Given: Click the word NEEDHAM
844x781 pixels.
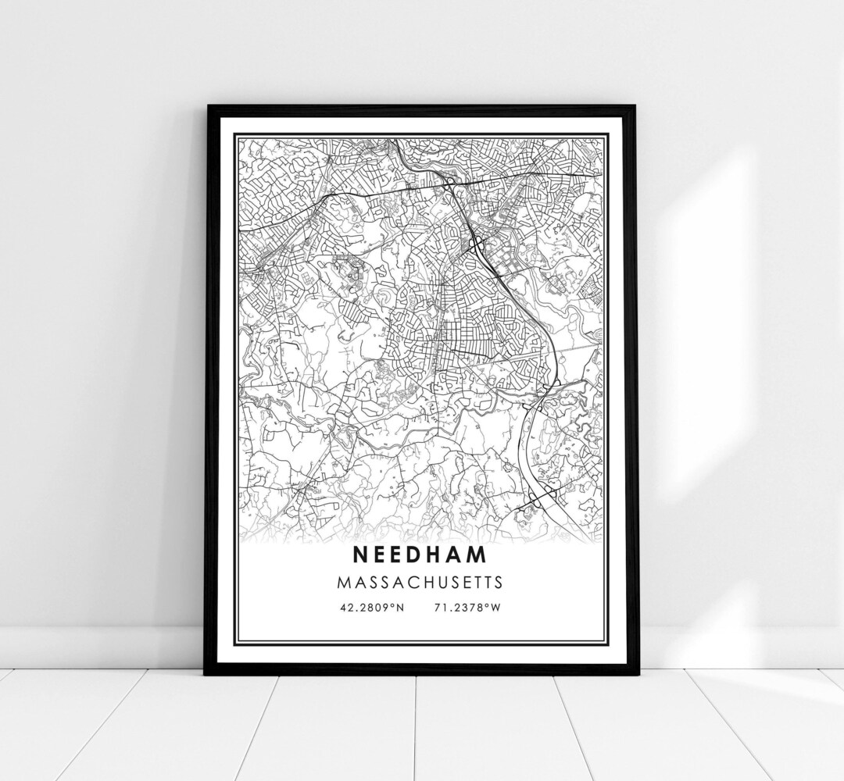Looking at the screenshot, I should click(420, 555).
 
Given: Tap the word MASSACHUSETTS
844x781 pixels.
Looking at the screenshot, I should click(420, 583).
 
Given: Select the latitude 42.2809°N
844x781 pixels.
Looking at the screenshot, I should click(372, 608).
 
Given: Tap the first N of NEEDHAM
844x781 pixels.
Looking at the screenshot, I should click(359, 555).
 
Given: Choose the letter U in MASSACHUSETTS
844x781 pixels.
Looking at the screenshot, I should click(436, 583).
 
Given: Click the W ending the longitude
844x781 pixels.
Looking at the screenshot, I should click(495, 608).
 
